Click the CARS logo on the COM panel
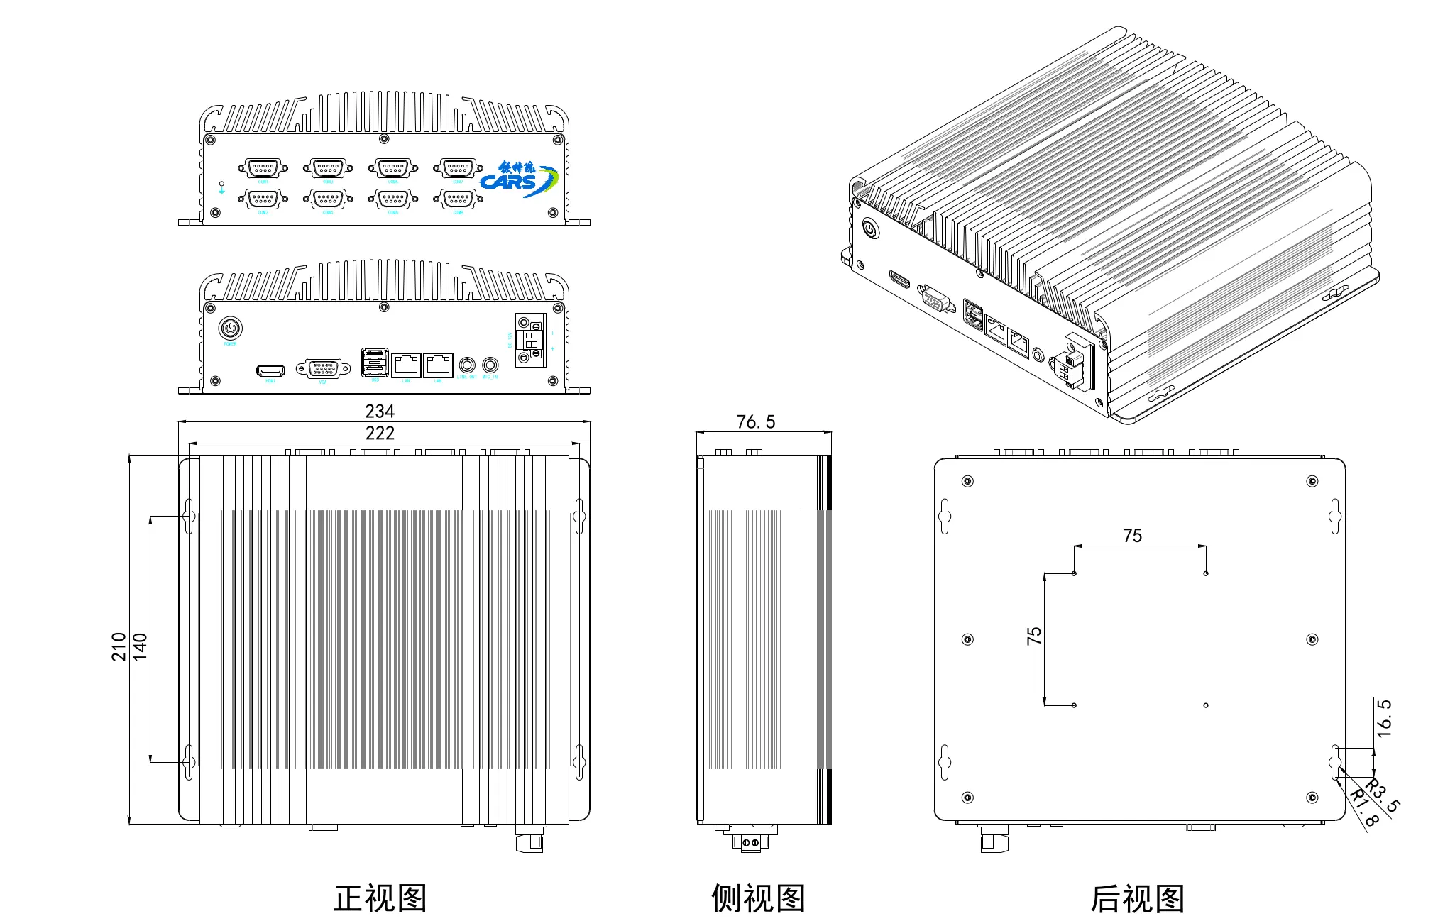(518, 179)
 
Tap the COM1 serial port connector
(263, 168)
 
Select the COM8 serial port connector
(458, 199)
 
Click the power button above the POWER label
(230, 329)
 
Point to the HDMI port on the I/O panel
(270, 370)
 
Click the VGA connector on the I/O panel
(323, 368)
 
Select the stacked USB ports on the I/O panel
(375, 363)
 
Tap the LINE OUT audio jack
(467, 365)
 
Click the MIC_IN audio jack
(490, 365)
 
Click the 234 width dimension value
(380, 411)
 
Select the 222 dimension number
(380, 433)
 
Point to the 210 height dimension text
(119, 646)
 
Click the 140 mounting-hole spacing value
(141, 646)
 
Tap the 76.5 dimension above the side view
(756, 422)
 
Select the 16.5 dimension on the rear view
(1384, 718)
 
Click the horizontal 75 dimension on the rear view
(1132, 536)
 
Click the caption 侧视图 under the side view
(758, 898)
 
